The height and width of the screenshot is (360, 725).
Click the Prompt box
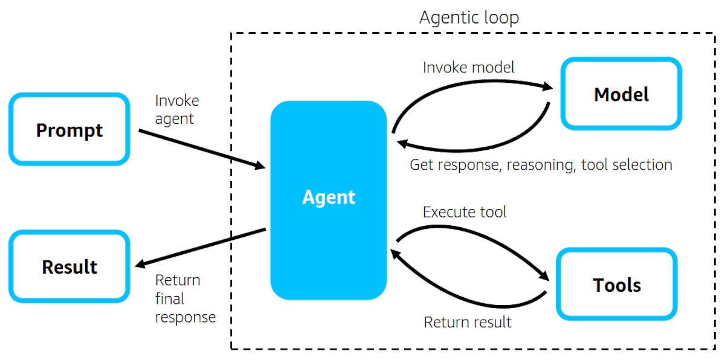[69, 129]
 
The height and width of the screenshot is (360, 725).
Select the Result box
[69, 266]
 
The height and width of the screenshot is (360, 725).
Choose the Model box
[621, 94]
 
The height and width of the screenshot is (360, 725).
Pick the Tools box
[616, 284]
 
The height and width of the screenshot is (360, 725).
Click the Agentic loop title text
[469, 18]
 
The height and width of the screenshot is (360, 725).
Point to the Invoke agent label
[176, 109]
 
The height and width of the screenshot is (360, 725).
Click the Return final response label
[185, 298]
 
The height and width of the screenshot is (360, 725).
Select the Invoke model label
[468, 67]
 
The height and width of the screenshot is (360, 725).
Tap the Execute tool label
[464, 212]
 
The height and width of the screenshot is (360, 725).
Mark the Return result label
[467, 322]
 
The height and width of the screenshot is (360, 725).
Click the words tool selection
[627, 164]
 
